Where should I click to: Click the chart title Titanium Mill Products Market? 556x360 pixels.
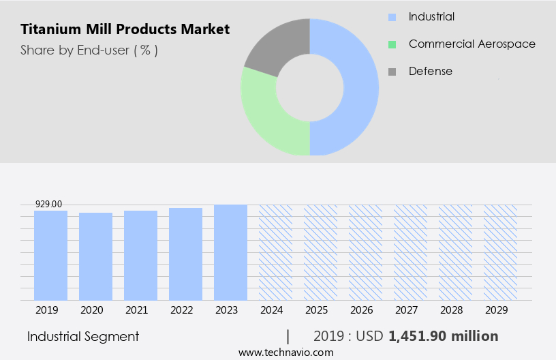tap(125, 29)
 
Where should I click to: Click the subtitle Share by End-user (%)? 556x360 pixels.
tap(89, 50)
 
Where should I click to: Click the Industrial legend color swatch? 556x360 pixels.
tap(392, 17)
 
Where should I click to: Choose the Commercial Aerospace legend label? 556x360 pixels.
tap(472, 44)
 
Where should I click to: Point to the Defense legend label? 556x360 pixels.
tap(430, 71)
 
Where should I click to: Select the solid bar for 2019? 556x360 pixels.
tap(51, 255)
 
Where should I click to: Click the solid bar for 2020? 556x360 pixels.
tap(96, 256)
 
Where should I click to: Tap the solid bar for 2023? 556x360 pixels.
tap(230, 252)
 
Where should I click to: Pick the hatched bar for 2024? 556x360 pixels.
tap(275, 252)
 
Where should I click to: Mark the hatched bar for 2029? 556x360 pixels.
tap(500, 252)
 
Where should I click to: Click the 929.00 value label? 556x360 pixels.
tap(48, 204)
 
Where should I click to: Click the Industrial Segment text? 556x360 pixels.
tap(83, 336)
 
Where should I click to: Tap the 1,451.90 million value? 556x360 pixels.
tap(443, 336)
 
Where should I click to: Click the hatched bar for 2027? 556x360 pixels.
tap(410, 252)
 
